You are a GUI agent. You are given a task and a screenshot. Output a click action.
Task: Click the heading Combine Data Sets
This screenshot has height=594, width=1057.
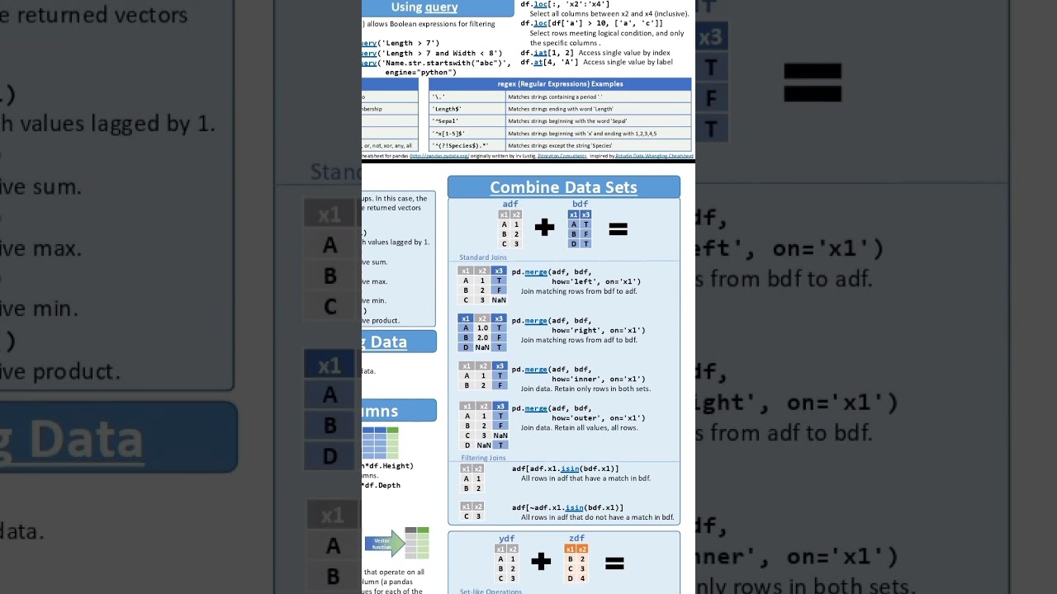(x=563, y=187)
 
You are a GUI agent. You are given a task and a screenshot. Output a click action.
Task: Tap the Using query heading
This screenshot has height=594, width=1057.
(x=424, y=7)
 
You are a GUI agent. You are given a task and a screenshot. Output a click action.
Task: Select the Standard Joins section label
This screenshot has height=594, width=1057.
(x=483, y=257)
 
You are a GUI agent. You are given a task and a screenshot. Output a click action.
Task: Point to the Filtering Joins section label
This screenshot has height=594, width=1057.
(x=483, y=458)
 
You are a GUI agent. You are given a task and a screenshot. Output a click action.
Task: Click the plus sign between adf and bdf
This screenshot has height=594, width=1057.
(x=544, y=229)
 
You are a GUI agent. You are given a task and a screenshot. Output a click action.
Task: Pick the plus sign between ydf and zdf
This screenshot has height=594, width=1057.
(x=541, y=563)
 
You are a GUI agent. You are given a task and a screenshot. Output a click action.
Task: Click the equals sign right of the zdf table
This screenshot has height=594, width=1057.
(x=614, y=563)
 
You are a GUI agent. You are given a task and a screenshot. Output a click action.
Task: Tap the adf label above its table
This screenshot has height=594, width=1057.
(x=510, y=204)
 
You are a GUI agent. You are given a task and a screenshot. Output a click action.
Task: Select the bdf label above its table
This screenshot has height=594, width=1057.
(x=580, y=204)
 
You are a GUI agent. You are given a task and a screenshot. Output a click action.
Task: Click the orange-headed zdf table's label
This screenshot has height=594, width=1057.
(x=576, y=539)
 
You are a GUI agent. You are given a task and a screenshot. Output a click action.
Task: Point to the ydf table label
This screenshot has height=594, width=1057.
(x=507, y=539)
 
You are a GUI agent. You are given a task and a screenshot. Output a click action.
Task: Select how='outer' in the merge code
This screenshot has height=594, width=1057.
(x=576, y=418)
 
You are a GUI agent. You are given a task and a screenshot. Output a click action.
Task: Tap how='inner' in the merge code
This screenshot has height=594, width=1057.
(x=576, y=379)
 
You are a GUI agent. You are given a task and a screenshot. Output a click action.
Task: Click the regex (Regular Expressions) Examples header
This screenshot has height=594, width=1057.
(x=560, y=84)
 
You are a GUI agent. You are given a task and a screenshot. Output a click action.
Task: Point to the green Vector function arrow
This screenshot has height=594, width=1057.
(x=385, y=544)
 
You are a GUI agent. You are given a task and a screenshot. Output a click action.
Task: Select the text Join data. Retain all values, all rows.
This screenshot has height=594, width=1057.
(x=579, y=428)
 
